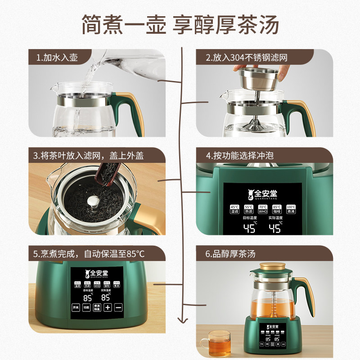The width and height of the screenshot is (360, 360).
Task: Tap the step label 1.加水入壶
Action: coord(58,58)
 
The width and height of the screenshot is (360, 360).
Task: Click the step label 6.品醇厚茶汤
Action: coord(231,254)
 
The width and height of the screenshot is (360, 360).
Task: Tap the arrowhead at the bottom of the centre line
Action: coord(182,320)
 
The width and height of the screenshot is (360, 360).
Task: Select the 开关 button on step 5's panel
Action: coord(76,307)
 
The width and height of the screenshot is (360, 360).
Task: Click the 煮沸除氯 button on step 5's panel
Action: coord(97,307)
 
